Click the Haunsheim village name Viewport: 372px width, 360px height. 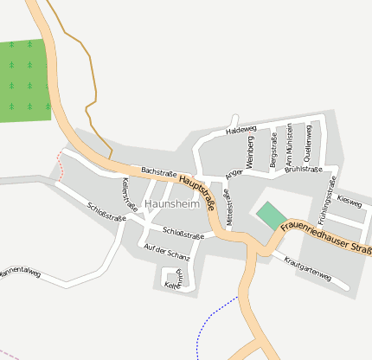(172, 203)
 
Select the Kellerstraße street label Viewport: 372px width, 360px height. (130, 195)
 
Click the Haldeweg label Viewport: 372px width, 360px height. (241, 131)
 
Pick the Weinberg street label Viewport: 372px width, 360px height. (250, 153)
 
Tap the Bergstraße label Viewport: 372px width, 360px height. (273, 150)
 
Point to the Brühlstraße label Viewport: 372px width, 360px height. (303, 170)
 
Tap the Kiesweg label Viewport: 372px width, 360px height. (350, 202)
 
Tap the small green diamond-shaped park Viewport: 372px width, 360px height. (272, 215)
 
